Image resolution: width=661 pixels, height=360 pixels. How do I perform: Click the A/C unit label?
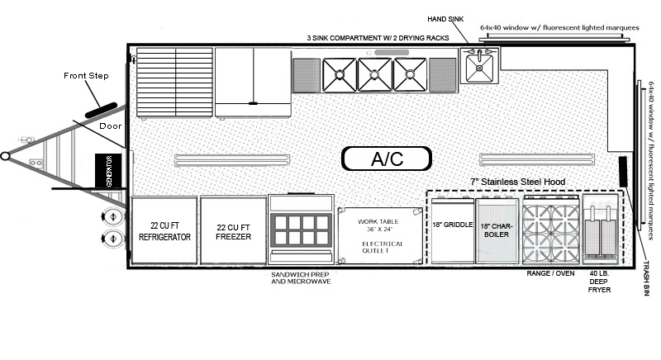pyautogui.click(x=387, y=159)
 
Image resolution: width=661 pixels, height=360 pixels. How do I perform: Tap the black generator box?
pyautogui.click(x=108, y=171)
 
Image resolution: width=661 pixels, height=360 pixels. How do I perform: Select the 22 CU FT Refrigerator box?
pyautogui.click(x=164, y=230)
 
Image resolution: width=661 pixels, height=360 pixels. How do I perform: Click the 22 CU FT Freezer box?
pyautogui.click(x=233, y=230)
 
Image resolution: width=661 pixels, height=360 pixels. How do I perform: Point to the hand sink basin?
pyautogui.click(x=479, y=66)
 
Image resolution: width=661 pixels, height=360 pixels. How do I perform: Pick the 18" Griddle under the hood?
pyautogui.click(x=453, y=230)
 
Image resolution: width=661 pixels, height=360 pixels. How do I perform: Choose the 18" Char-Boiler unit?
pyautogui.click(x=497, y=230)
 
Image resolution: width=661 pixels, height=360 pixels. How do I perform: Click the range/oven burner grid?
pyautogui.click(x=551, y=230)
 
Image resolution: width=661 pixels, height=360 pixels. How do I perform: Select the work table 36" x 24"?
pyautogui.click(x=380, y=235)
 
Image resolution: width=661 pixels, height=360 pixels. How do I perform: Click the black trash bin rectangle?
pyautogui.click(x=623, y=172)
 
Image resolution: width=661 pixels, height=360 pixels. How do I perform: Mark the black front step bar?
pyautogui.click(x=101, y=111)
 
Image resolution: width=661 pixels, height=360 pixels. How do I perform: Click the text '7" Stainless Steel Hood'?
pyautogui.click(x=518, y=182)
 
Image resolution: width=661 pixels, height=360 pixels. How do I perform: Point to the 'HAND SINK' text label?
pyautogui.click(x=445, y=19)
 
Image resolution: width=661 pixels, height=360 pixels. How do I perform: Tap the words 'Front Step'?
pyautogui.click(x=86, y=76)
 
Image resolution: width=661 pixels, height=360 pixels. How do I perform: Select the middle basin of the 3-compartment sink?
pyautogui.click(x=374, y=74)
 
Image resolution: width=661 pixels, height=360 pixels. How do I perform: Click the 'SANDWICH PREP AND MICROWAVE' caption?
pyautogui.click(x=301, y=278)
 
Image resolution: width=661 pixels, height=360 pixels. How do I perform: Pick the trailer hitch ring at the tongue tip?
pyautogui.click(x=5, y=156)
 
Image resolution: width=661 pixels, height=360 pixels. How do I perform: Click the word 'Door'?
pyautogui.click(x=111, y=126)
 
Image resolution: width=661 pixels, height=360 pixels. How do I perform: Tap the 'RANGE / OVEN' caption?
pyautogui.click(x=550, y=273)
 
